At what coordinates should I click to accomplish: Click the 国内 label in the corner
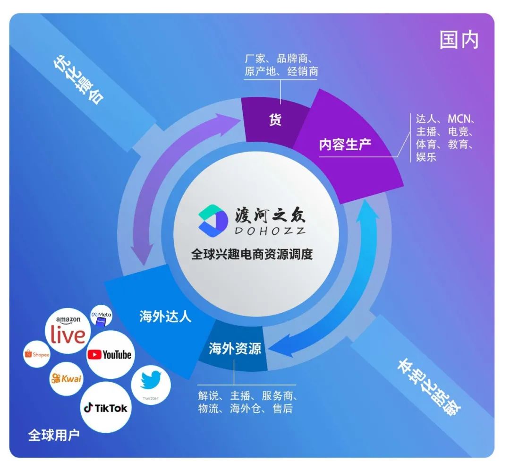click(459, 40)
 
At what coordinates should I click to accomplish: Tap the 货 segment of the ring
click(275, 120)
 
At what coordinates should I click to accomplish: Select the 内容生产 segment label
click(345, 144)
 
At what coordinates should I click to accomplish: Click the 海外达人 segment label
click(165, 316)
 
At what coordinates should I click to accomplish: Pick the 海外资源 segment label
click(235, 349)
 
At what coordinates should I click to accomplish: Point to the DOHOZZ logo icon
click(213, 221)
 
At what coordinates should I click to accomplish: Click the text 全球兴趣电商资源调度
click(252, 254)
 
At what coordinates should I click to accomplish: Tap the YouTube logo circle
click(110, 354)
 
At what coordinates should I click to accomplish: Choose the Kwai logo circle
click(67, 378)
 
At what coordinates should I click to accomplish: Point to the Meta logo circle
click(101, 316)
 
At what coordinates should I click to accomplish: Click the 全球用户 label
click(54, 435)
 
